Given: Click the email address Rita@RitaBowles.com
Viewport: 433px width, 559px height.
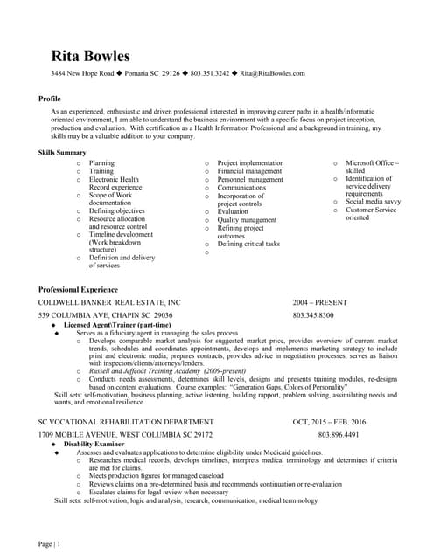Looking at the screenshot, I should [x=273, y=74].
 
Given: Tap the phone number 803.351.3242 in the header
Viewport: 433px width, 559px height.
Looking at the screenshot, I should [x=210, y=74].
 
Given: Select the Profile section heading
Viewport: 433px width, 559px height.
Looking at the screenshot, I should [x=50, y=99].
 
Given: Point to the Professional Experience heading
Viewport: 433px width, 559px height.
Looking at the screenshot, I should [x=78, y=288].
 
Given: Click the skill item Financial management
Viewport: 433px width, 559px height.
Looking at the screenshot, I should [x=249, y=171].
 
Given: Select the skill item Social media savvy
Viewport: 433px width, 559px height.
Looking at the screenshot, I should [x=374, y=202].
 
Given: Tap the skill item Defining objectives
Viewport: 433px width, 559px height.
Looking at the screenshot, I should [x=117, y=210].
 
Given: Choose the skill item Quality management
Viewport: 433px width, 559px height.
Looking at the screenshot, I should [x=247, y=220].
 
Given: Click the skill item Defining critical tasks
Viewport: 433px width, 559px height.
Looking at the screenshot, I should [x=248, y=244].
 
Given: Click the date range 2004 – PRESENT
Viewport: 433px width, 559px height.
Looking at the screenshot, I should [x=319, y=301].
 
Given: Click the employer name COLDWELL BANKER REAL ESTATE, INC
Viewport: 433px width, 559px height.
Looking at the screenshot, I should [x=109, y=301].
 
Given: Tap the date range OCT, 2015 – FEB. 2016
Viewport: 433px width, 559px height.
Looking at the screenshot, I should [x=329, y=421].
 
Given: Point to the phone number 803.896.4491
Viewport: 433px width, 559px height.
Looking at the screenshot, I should [x=339, y=434].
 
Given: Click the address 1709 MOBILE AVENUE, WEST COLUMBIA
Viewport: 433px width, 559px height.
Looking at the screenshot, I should [x=125, y=434].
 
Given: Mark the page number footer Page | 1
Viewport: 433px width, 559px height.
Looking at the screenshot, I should [x=49, y=544].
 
